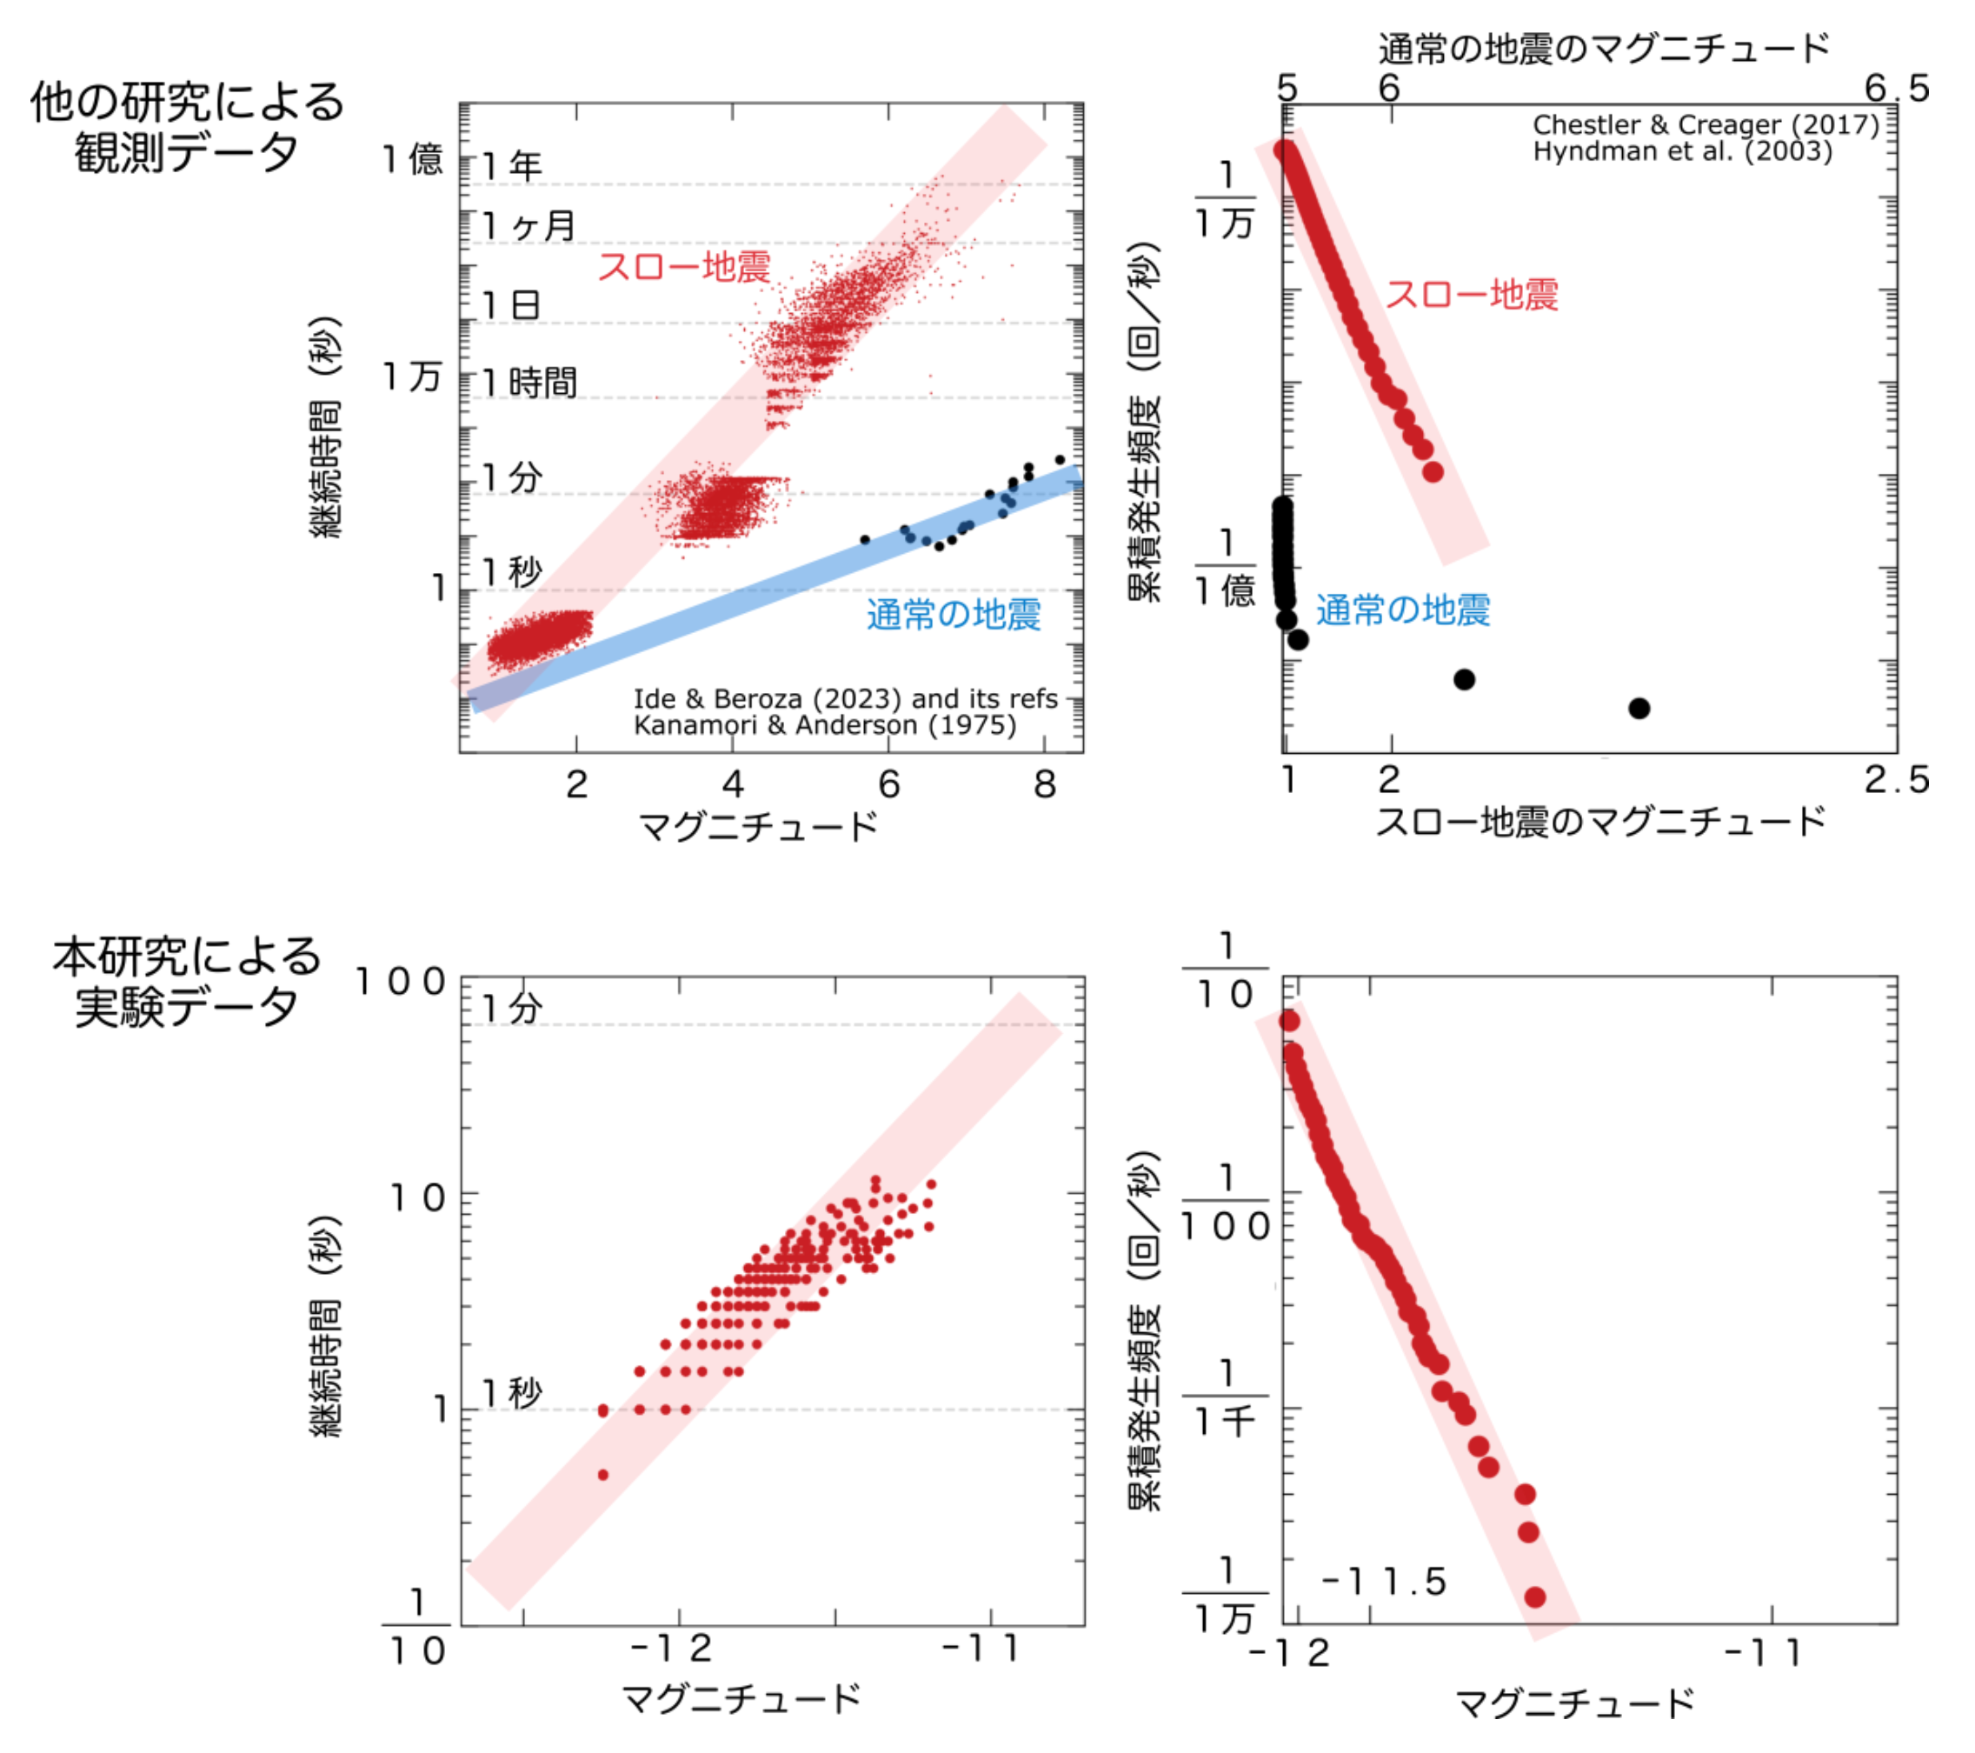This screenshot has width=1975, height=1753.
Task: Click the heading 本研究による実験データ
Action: click(187, 982)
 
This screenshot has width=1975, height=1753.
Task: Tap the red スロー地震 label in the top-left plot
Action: click(684, 267)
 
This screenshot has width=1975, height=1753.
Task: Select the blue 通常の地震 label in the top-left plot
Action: click(953, 615)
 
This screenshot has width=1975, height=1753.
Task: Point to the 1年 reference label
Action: click(512, 166)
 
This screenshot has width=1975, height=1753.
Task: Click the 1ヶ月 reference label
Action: click(529, 226)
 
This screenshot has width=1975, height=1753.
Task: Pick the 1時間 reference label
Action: click(529, 383)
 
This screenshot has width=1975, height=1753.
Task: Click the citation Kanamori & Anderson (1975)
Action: click(824, 725)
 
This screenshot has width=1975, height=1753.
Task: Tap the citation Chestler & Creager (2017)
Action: click(1706, 124)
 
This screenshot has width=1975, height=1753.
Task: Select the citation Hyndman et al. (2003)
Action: click(1682, 151)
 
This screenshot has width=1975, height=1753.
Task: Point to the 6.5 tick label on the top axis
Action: click(1896, 89)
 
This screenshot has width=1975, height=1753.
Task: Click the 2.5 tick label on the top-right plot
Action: click(1896, 780)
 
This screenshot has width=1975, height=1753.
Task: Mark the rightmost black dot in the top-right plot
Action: click(1639, 709)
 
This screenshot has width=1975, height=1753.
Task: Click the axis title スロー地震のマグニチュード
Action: click(1600, 822)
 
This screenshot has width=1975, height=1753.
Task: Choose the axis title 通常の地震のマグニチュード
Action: click(1604, 49)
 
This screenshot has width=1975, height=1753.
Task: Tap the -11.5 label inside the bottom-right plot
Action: click(1384, 1583)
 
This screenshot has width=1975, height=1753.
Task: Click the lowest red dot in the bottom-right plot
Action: click(1534, 1597)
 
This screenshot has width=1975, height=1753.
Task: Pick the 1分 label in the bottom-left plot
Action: click(512, 1009)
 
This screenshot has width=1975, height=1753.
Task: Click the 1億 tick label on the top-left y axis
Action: click(413, 159)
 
